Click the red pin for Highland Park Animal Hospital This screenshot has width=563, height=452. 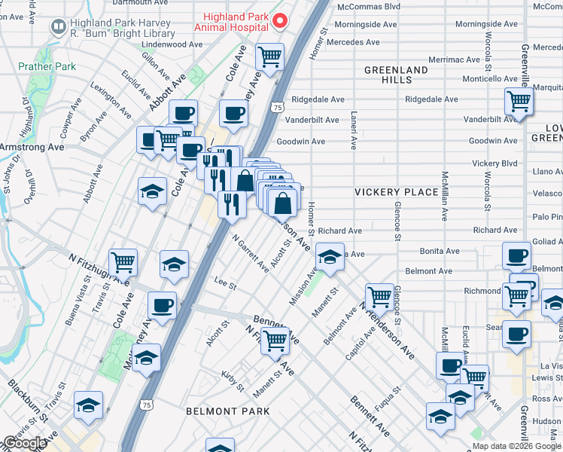(x=280, y=21)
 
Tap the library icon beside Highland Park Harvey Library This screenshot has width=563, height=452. (x=59, y=26)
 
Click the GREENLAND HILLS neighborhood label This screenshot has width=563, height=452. (x=396, y=75)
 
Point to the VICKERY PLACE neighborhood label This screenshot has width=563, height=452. (x=397, y=192)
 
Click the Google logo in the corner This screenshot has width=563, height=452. (x=24, y=443)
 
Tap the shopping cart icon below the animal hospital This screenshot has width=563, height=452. (x=269, y=55)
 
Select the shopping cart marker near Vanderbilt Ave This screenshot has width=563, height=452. (x=519, y=100)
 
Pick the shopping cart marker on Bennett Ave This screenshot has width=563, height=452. (x=276, y=340)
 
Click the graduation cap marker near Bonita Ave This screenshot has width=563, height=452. (x=330, y=258)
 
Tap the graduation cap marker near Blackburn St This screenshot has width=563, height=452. (x=88, y=405)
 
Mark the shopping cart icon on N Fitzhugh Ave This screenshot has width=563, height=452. (x=123, y=262)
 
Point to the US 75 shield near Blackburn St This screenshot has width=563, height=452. (x=147, y=405)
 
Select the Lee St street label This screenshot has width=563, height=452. (x=225, y=286)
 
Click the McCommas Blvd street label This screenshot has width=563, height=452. (x=369, y=7)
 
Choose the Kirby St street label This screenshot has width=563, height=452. (x=233, y=381)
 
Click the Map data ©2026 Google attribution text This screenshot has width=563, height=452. (x=516, y=446)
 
